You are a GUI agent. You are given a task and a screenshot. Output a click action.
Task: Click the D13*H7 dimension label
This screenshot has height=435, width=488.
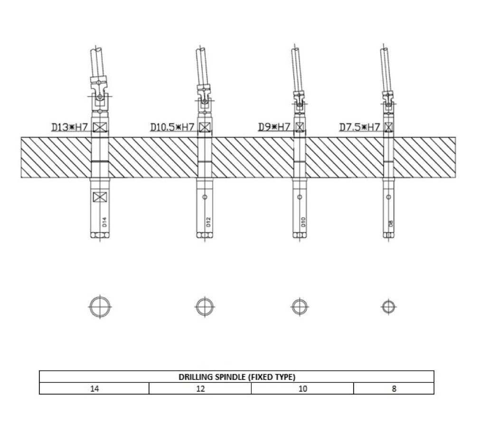coord(70,127)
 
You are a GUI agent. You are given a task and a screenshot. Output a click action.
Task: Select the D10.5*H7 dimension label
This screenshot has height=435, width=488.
coord(172,127)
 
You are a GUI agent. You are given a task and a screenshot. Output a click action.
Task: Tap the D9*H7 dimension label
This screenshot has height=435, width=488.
coord(274,127)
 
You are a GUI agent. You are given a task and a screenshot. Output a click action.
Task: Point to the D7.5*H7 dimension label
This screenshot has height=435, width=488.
coord(360,127)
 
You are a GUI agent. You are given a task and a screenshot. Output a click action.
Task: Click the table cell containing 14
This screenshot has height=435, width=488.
coord(94,388)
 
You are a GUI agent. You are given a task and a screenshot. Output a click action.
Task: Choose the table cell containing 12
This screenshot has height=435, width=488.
coord(200,388)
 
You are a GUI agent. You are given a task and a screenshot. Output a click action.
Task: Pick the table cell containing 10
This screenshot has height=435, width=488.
coord(302,388)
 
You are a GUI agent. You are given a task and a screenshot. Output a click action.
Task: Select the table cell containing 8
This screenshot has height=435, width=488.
coord(394,388)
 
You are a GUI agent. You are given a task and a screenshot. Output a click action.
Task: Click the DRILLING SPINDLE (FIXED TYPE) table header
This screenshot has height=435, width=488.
coord(236,377)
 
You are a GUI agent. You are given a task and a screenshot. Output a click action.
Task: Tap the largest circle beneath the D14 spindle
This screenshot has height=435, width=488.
coord(100,307)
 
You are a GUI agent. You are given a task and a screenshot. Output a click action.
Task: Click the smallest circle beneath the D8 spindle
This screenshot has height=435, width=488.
coord(388,307)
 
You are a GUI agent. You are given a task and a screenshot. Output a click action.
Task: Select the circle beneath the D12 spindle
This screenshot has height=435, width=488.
coord(204,307)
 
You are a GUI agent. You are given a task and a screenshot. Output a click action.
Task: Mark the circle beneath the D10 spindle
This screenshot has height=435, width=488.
coord(300,307)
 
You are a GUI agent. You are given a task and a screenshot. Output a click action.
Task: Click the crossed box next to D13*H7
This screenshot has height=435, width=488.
coord(100,127)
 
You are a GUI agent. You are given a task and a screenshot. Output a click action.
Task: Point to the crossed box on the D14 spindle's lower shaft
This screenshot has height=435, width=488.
coord(100,197)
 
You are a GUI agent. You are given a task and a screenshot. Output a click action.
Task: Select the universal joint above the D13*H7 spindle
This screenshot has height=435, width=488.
coord(99,90)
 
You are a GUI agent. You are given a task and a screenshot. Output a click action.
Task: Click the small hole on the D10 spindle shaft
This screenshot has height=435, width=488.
coord(300,197)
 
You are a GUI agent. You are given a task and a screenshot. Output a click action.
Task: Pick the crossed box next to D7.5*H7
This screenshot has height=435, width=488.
coord(388,127)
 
